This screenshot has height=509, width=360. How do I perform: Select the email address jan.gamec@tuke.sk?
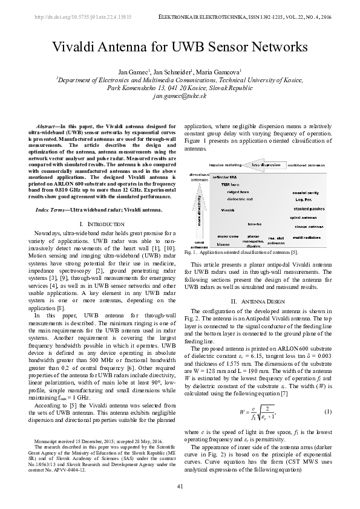coord(180,96)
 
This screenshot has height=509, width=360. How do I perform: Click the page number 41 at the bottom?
coord(180,487)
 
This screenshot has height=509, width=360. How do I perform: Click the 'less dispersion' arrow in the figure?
coord(266,164)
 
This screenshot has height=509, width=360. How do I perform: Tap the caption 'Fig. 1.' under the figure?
coord(197,252)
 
